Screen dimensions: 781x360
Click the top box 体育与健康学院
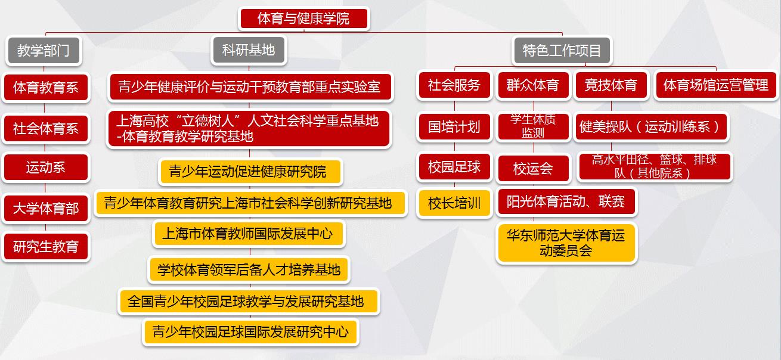[x=303, y=18]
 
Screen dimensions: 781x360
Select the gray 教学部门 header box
[x=44, y=51]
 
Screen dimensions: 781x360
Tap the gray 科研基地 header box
[x=249, y=50]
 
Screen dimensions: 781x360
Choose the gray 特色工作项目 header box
[x=562, y=51]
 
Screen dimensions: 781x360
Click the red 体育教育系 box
[x=46, y=87]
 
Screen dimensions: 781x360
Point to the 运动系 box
[x=46, y=167]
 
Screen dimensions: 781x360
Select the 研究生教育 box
[x=46, y=246]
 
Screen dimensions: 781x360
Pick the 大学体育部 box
[x=46, y=209]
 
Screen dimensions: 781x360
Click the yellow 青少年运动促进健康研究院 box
[x=250, y=172]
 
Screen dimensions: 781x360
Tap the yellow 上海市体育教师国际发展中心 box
[x=248, y=234]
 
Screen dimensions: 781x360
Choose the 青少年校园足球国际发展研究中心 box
[x=250, y=331]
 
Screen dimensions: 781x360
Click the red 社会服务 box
[x=454, y=85]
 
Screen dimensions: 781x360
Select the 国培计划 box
[x=454, y=126]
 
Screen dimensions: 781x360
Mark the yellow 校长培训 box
[x=454, y=203]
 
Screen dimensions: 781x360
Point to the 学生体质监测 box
[x=533, y=126]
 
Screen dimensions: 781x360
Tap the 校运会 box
[x=533, y=169]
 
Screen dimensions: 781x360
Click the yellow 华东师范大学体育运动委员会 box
[x=566, y=243]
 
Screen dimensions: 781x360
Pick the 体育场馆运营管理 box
[x=716, y=85]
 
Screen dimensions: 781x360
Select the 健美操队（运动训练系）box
[x=651, y=126]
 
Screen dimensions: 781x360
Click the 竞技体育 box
[x=611, y=85]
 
